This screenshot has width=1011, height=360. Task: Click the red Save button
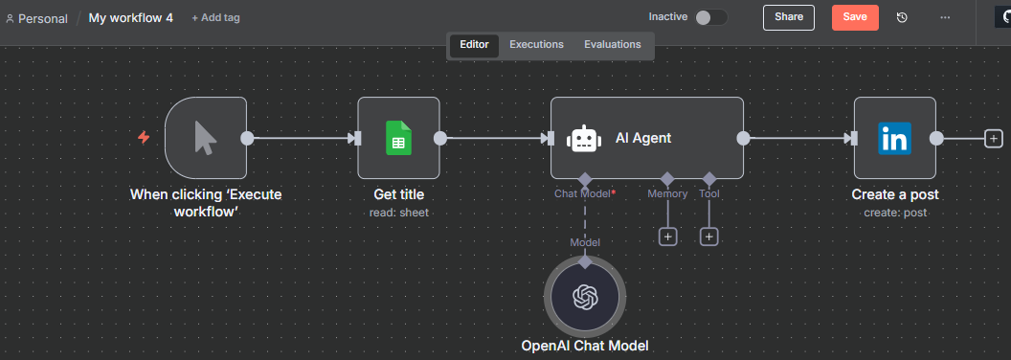(x=855, y=17)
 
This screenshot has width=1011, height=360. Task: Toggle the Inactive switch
(x=710, y=17)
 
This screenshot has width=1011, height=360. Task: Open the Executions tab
(x=536, y=44)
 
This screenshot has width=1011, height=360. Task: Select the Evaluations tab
(x=613, y=44)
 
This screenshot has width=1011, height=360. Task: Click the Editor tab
(x=474, y=44)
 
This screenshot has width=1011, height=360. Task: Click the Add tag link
(x=215, y=17)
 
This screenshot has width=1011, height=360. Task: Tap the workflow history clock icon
(x=902, y=17)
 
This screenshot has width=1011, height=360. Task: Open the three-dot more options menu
(x=945, y=17)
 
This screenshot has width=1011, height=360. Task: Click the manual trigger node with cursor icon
(x=205, y=138)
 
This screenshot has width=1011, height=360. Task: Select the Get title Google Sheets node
(x=398, y=138)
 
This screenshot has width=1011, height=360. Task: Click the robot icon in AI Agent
(x=583, y=139)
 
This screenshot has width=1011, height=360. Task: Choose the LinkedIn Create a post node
(x=894, y=138)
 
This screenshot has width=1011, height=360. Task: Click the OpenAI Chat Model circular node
(x=584, y=296)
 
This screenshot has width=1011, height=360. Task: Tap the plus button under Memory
(x=668, y=236)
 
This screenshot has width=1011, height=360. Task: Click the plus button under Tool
(x=708, y=236)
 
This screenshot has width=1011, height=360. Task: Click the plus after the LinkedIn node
(x=994, y=139)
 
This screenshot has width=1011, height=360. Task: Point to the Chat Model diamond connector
(x=584, y=178)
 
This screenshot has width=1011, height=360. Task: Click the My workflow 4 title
(x=130, y=17)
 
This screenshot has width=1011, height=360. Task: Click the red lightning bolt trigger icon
(x=144, y=138)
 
